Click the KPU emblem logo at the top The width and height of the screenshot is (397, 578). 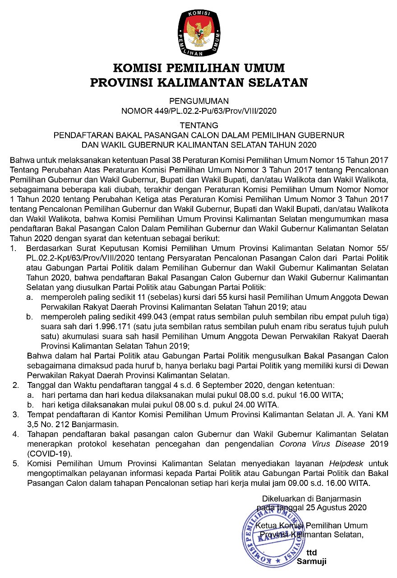click(198, 32)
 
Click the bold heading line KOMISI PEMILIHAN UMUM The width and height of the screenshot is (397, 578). click(198, 68)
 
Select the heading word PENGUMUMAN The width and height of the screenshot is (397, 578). click(198, 101)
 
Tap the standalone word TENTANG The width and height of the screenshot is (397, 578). click(198, 125)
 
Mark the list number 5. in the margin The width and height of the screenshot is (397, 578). click(16, 464)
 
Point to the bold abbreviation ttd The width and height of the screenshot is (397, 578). click(311, 553)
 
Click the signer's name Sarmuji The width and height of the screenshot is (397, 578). click(311, 562)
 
